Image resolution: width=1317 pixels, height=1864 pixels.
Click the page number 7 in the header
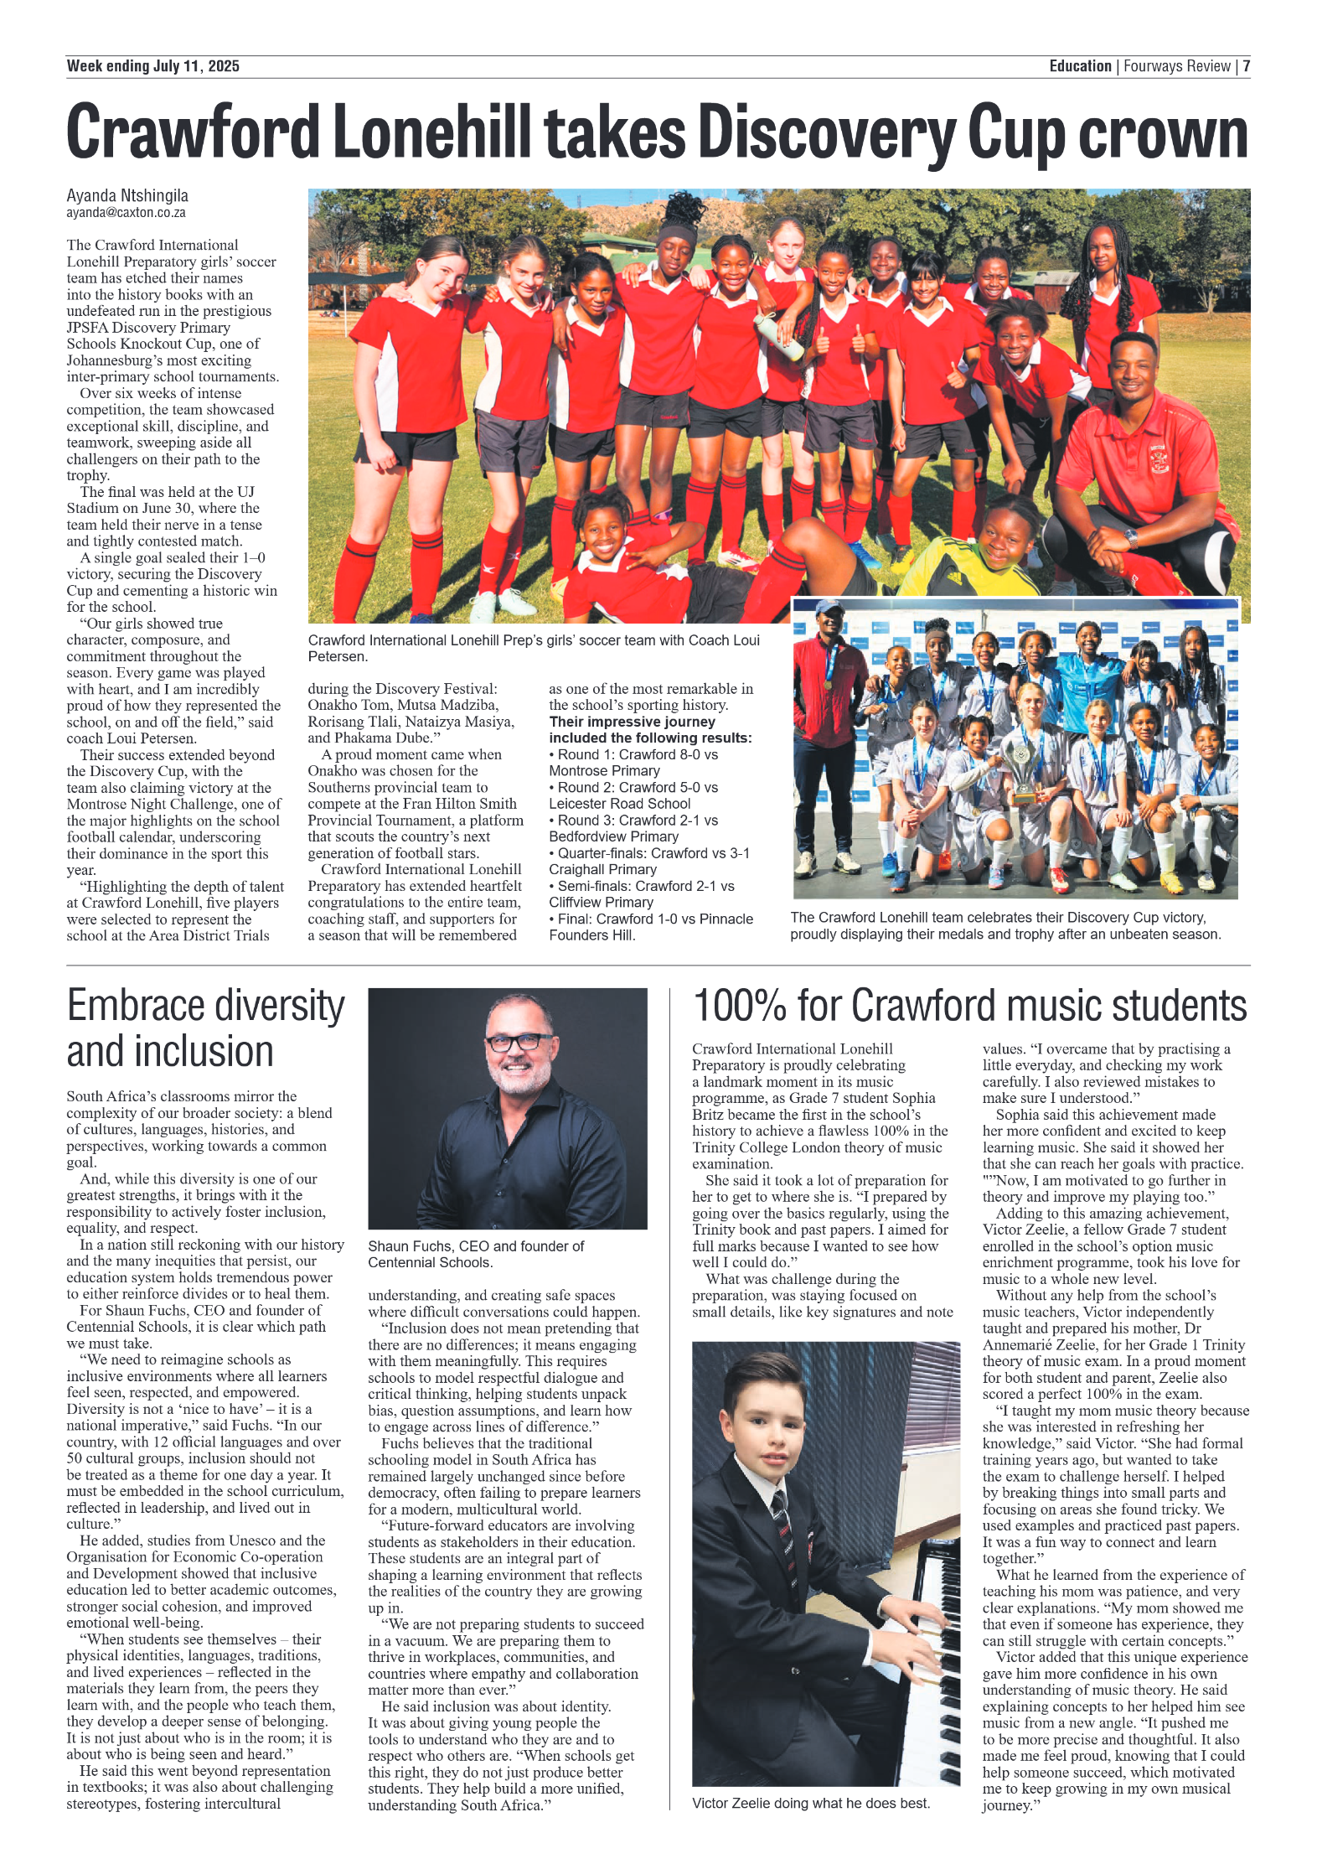tap(1246, 66)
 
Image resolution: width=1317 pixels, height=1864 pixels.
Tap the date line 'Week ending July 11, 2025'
tap(152, 66)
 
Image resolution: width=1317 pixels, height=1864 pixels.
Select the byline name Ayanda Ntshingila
tap(127, 195)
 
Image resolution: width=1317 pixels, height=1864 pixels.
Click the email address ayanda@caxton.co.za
tap(126, 213)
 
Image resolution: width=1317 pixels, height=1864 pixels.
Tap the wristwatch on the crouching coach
tap(1131, 537)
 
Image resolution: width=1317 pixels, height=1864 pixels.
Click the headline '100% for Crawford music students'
tap(969, 1006)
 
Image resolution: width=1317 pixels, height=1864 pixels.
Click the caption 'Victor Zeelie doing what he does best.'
tap(810, 1803)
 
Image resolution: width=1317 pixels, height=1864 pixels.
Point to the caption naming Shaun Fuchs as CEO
tap(476, 1254)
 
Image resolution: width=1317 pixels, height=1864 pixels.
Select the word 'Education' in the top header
tap(1080, 66)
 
